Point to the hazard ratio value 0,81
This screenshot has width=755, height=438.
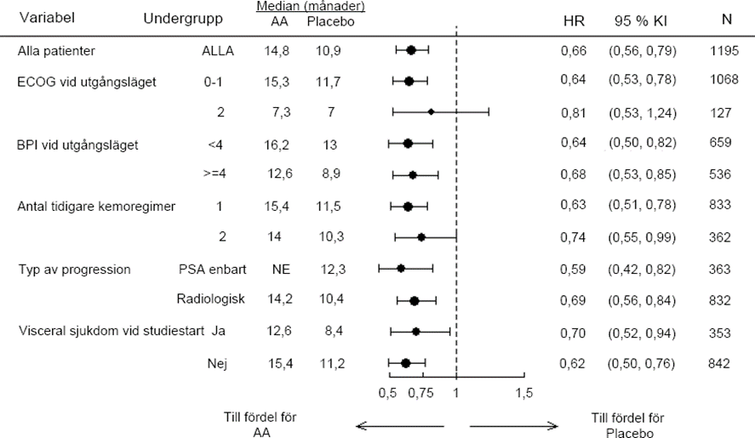point(574,111)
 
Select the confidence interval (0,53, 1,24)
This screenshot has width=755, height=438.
point(642,111)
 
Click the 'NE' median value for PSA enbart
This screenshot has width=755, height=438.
point(280,270)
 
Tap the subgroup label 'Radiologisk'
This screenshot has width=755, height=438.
point(210,300)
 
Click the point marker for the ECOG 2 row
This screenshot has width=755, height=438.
point(431,111)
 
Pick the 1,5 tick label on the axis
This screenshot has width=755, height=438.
point(524,393)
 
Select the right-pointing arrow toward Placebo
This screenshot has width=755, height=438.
point(513,425)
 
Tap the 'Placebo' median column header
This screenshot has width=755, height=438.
point(330,21)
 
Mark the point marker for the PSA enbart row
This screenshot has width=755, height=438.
point(401,269)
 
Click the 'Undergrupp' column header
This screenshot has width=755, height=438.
point(184,19)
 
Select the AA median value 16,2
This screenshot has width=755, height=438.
point(278,145)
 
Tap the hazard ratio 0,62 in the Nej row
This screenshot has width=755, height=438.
point(574,363)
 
